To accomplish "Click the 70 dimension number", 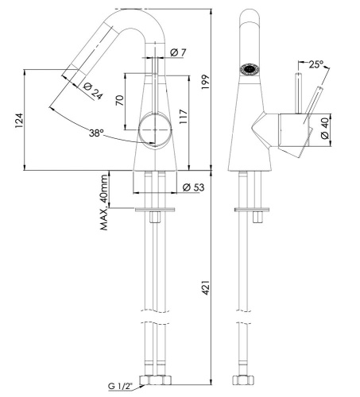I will pyautogui.click(x=119, y=101).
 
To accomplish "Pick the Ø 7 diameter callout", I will pyautogui.click(x=178, y=53).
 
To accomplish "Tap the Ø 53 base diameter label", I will pyautogui.click(x=190, y=188).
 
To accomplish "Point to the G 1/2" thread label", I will pyautogui.click(x=122, y=387).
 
